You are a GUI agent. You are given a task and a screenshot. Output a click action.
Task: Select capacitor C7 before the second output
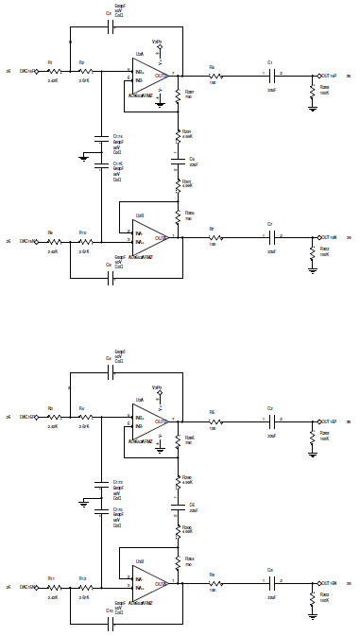pos(270,237)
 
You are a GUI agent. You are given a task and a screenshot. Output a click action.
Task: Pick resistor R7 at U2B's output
pos(214,237)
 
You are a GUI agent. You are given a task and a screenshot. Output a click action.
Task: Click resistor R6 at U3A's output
pos(214,417)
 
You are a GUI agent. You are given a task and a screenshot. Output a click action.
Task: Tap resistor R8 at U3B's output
pos(214,580)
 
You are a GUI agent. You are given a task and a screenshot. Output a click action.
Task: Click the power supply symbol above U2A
pos(160,45)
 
